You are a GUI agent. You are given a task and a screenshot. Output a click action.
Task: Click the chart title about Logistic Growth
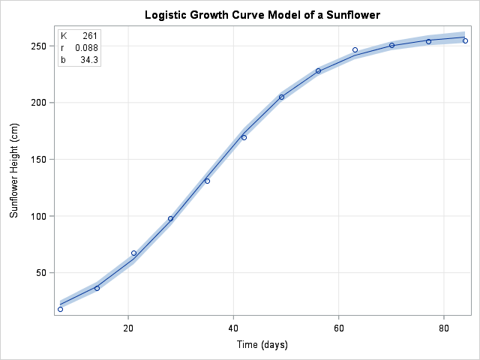click(240, 15)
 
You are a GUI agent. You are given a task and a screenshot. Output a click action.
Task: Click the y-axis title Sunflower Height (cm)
click(13, 170)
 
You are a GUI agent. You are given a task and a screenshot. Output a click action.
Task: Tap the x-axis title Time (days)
click(260, 344)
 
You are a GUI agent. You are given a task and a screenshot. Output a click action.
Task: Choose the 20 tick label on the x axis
click(128, 327)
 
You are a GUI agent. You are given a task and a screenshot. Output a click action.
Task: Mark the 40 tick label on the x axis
click(233, 327)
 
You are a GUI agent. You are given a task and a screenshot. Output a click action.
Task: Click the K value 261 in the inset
click(90, 36)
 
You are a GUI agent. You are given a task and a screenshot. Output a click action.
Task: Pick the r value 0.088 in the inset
click(86, 48)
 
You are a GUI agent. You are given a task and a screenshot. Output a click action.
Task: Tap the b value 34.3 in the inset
click(88, 59)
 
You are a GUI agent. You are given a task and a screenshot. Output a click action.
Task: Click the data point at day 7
click(60, 309)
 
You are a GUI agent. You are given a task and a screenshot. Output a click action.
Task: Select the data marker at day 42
click(244, 137)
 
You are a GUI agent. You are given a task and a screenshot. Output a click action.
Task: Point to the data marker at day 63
click(355, 50)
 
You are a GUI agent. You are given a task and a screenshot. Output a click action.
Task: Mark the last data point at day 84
click(465, 40)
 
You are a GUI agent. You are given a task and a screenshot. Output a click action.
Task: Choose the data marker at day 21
click(133, 253)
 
